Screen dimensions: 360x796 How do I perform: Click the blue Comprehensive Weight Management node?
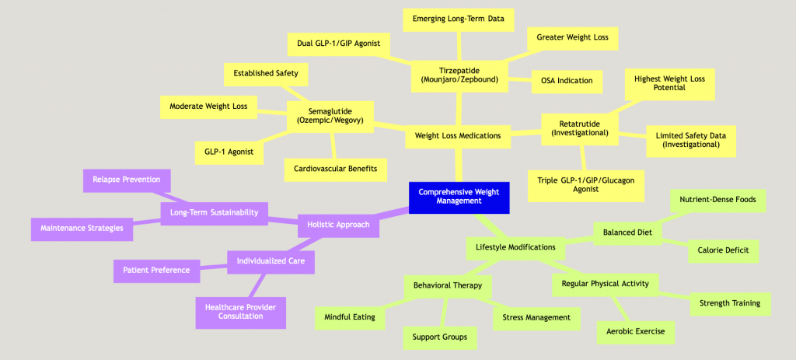click(459, 197)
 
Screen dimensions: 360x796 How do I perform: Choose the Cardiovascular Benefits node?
click(336, 169)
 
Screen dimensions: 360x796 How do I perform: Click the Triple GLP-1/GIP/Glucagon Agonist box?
click(586, 185)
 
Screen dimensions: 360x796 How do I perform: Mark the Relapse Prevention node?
click(126, 180)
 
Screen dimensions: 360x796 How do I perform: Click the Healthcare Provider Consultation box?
click(240, 312)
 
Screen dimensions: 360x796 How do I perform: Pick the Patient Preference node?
click(155, 271)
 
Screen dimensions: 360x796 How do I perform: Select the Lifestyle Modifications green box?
click(515, 247)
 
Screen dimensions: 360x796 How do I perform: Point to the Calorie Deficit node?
click(722, 250)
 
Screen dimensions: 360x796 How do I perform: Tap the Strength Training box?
click(730, 303)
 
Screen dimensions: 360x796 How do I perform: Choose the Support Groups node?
click(439, 337)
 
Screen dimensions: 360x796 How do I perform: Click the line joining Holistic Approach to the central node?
click(395, 213)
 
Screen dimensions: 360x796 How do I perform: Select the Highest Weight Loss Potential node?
click(669, 83)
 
